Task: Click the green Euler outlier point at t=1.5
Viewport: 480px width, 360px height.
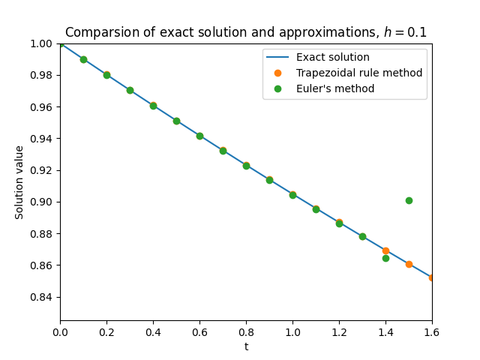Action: (409, 200)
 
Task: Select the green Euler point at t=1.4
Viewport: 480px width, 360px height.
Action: (385, 258)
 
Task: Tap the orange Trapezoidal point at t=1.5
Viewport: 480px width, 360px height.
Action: (409, 264)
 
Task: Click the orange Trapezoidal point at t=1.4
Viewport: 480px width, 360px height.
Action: (385, 250)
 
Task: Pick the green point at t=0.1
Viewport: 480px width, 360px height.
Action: (83, 59)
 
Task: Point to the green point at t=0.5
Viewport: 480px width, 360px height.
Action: (176, 121)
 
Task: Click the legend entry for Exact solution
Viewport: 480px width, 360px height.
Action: (332, 58)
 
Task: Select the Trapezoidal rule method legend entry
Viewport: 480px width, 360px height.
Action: (358, 73)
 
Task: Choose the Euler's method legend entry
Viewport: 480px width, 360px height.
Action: (334, 89)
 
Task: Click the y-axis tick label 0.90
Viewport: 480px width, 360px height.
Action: (41, 202)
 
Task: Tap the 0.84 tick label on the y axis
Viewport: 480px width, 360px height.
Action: (41, 297)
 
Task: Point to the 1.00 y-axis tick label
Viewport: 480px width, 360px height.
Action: (41, 43)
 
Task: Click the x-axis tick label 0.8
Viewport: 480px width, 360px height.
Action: (246, 331)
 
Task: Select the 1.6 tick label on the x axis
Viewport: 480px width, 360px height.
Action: (432, 331)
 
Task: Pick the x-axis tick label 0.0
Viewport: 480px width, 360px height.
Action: (60, 331)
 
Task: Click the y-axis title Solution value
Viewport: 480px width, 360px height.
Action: (19, 182)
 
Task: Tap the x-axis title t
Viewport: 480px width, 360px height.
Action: (246, 346)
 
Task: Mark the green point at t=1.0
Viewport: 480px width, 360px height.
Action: (292, 195)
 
